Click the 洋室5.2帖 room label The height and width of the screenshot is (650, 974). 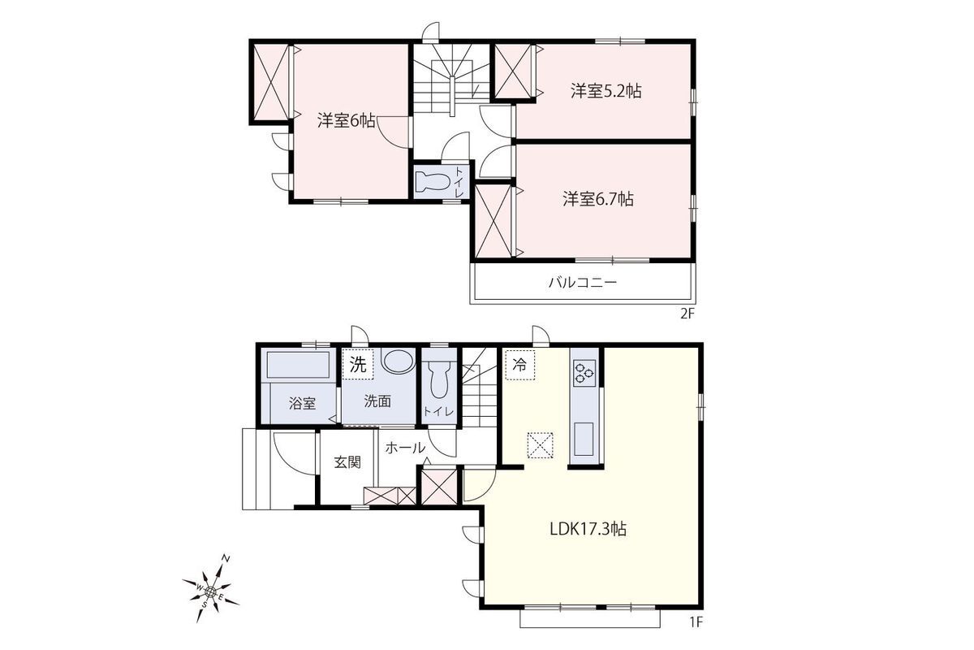[606, 92]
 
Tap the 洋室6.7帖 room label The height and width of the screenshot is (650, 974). [598, 199]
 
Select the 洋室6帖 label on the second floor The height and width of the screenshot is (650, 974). [346, 120]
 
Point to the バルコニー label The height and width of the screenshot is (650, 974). [583, 283]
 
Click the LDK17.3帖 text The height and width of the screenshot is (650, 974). [588, 529]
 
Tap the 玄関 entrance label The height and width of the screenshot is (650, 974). [347, 462]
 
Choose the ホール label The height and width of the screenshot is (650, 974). [405, 448]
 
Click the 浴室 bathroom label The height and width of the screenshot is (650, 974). [302, 404]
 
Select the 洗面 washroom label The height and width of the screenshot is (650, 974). [377, 401]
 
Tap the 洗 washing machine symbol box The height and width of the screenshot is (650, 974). [358, 364]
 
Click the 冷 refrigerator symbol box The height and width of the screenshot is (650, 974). [520, 365]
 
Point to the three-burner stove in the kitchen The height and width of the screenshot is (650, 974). [584, 374]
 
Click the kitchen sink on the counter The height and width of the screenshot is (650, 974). [584, 439]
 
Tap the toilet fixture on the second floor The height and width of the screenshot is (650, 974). [433, 181]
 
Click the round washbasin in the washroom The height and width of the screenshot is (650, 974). [398, 361]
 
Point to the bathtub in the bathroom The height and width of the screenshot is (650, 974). [298, 365]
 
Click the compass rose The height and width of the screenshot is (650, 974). [211, 591]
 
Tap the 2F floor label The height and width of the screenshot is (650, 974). [686, 314]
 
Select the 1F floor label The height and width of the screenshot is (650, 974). [696, 622]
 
